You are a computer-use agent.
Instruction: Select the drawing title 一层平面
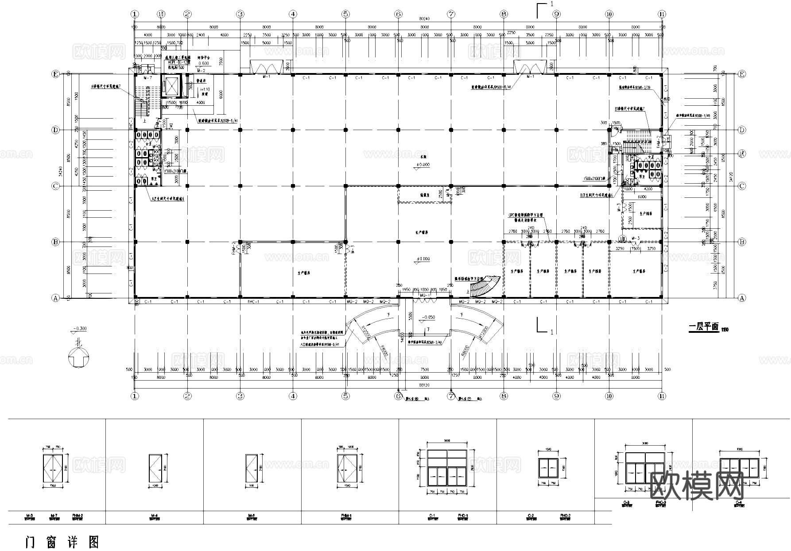704,327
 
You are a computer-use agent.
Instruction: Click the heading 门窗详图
62,542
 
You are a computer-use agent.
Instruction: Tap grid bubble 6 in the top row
398,14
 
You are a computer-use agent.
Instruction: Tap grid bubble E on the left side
56,74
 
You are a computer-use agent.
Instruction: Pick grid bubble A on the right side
742,298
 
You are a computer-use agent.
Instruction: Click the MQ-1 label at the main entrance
424,295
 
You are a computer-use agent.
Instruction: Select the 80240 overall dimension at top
424,19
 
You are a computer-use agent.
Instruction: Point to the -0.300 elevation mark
80,329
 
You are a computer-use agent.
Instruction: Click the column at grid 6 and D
398,130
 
